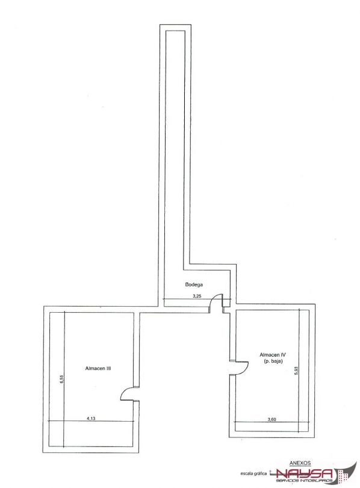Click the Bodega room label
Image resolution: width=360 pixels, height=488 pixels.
click(x=194, y=284)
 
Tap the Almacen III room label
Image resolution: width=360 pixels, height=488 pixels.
click(x=98, y=368)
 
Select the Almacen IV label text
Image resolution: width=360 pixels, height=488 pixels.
click(x=273, y=354)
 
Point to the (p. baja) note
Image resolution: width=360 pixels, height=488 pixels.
click(x=273, y=361)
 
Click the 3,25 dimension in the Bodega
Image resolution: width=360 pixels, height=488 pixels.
click(x=197, y=296)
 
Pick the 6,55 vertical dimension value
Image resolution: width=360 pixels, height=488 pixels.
click(x=61, y=379)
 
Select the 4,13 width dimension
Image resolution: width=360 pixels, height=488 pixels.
click(x=91, y=418)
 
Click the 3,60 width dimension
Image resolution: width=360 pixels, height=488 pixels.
click(x=272, y=419)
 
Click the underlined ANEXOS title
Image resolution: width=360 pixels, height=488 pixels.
click(x=300, y=463)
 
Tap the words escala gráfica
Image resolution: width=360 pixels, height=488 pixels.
click(x=253, y=474)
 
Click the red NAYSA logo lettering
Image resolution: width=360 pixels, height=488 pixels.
click(x=305, y=474)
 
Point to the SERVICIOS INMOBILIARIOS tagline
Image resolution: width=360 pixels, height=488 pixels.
click(x=305, y=481)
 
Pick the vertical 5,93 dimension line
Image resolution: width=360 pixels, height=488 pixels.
click(x=299, y=371)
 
